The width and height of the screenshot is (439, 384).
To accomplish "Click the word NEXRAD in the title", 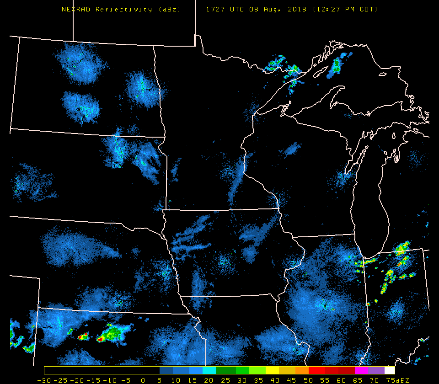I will pos(76,10).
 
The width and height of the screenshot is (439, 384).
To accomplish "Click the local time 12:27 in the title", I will pos(327,10).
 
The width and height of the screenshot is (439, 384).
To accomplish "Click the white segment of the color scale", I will pos(390,370).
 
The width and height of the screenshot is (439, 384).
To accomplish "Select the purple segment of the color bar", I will pos(376,370).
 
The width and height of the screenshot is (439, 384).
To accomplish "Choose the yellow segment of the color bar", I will pos(272,370).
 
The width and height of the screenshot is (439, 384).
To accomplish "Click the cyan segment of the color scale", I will pos(209,370).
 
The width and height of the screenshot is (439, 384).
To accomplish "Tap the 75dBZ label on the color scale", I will pos(396,380).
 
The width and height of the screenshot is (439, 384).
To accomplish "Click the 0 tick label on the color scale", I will pos(143,380).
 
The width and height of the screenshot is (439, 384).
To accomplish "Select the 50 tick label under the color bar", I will pos(302,380).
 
